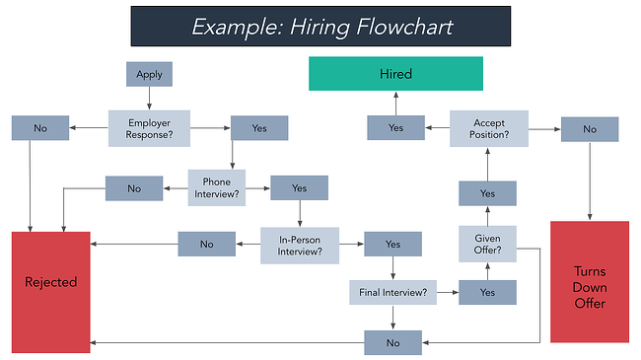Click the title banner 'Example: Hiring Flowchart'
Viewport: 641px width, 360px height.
(x=320, y=26)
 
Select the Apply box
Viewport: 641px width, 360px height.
(x=149, y=74)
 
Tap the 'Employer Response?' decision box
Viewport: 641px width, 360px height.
(x=149, y=127)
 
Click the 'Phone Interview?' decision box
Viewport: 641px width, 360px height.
(x=217, y=187)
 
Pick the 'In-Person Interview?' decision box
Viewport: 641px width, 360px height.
(x=299, y=244)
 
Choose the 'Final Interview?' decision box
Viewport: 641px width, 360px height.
(x=392, y=292)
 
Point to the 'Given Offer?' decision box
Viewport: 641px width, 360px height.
(x=487, y=244)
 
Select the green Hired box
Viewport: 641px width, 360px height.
(x=395, y=74)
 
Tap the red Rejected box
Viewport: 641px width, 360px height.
(x=50, y=281)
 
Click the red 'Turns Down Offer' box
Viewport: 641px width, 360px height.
(x=590, y=281)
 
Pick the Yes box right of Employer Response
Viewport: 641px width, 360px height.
(x=258, y=127)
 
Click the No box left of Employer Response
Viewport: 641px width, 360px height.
(x=40, y=127)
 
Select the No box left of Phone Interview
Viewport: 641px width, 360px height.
(x=134, y=187)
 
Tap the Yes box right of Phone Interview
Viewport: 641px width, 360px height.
(x=299, y=187)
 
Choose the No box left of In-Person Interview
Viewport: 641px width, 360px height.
(x=206, y=244)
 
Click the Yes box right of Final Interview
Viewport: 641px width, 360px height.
(x=487, y=292)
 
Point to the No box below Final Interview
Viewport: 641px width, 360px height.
(x=392, y=342)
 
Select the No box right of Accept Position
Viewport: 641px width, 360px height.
(x=590, y=128)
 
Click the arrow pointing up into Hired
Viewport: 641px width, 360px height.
(x=395, y=103)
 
